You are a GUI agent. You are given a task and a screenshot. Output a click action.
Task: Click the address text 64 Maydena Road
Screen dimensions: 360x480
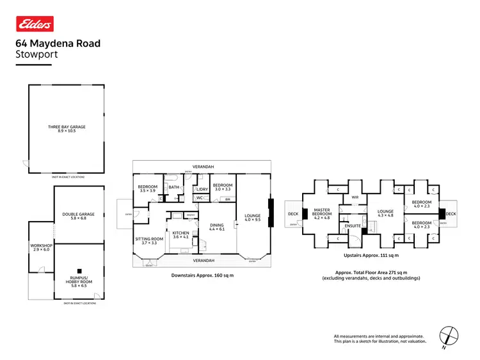(x=58, y=44)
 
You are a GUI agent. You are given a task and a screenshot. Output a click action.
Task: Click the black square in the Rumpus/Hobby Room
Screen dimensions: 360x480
(x=79, y=270)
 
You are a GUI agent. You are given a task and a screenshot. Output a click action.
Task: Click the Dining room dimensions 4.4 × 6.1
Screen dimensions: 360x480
(x=217, y=229)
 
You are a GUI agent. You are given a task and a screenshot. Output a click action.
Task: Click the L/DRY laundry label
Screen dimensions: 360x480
(x=201, y=188)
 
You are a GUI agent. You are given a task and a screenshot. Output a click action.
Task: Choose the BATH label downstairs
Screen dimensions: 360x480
(x=173, y=187)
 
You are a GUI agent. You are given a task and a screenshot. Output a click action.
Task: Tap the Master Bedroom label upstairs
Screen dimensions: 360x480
(x=321, y=214)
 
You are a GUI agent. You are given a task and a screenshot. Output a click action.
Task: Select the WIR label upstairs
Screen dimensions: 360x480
(x=354, y=197)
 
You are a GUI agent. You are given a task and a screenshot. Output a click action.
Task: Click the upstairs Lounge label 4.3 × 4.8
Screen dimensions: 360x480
(x=385, y=213)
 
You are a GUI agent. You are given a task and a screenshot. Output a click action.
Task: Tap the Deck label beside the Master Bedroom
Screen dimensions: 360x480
(x=293, y=214)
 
